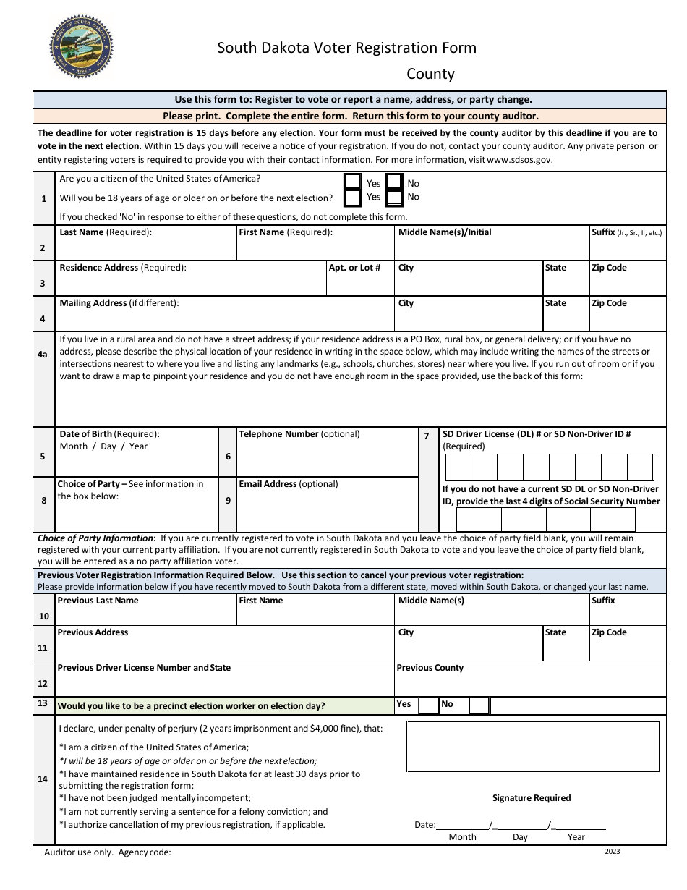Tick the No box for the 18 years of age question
[394, 197]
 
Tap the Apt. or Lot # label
[354, 268]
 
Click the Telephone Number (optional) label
[299, 434]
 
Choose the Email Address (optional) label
[288, 484]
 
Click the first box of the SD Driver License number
[458, 467]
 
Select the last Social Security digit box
[613, 520]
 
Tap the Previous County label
[430, 668]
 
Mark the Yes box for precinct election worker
[428, 705]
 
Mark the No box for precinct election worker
[478, 705]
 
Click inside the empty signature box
[532, 747]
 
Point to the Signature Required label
[532, 798]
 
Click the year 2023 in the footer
[613, 852]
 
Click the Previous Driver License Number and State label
[144, 668]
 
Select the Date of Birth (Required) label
[109, 434]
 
